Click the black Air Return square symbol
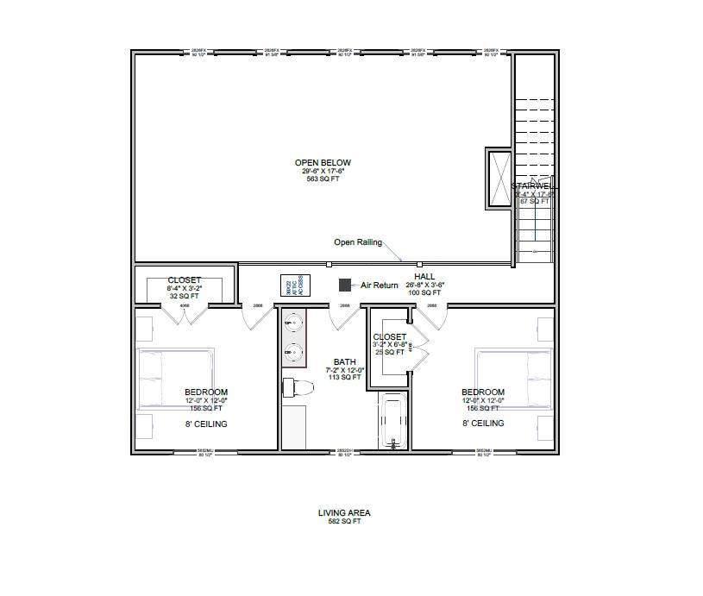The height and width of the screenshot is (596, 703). click(x=344, y=284)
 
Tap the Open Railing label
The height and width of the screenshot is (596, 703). click(x=358, y=242)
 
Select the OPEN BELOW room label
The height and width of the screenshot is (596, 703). click(x=323, y=162)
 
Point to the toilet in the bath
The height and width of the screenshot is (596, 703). click(x=298, y=386)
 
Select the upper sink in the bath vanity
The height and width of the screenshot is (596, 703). click(x=293, y=324)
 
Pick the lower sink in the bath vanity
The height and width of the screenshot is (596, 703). click(x=293, y=353)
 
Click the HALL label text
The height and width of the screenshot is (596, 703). click(x=424, y=276)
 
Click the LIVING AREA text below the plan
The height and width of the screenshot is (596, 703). click(x=344, y=512)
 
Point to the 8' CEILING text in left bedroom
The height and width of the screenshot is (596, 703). click(x=206, y=423)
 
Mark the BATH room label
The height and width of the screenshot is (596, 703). click(x=344, y=362)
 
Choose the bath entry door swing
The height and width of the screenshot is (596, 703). click(x=345, y=317)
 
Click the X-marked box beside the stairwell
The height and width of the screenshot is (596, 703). click(x=499, y=179)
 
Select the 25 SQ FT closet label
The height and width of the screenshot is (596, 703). click(x=390, y=352)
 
